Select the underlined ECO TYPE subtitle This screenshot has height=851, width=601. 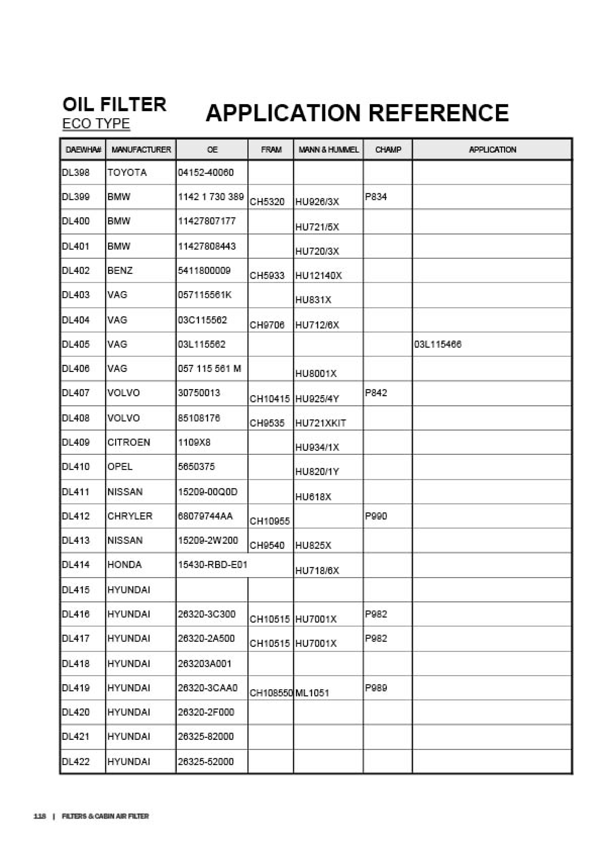(96, 123)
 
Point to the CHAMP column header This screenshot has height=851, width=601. (388, 150)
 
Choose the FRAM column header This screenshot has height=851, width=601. (271, 150)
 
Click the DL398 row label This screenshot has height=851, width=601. (76, 173)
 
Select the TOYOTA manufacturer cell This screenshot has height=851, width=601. (127, 173)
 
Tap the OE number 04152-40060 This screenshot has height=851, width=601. (206, 173)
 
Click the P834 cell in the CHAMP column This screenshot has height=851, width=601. (376, 197)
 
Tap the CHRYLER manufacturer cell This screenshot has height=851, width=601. (130, 516)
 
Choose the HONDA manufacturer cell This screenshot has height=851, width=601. (124, 565)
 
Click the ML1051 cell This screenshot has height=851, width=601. (312, 693)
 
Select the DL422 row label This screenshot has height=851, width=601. (76, 762)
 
